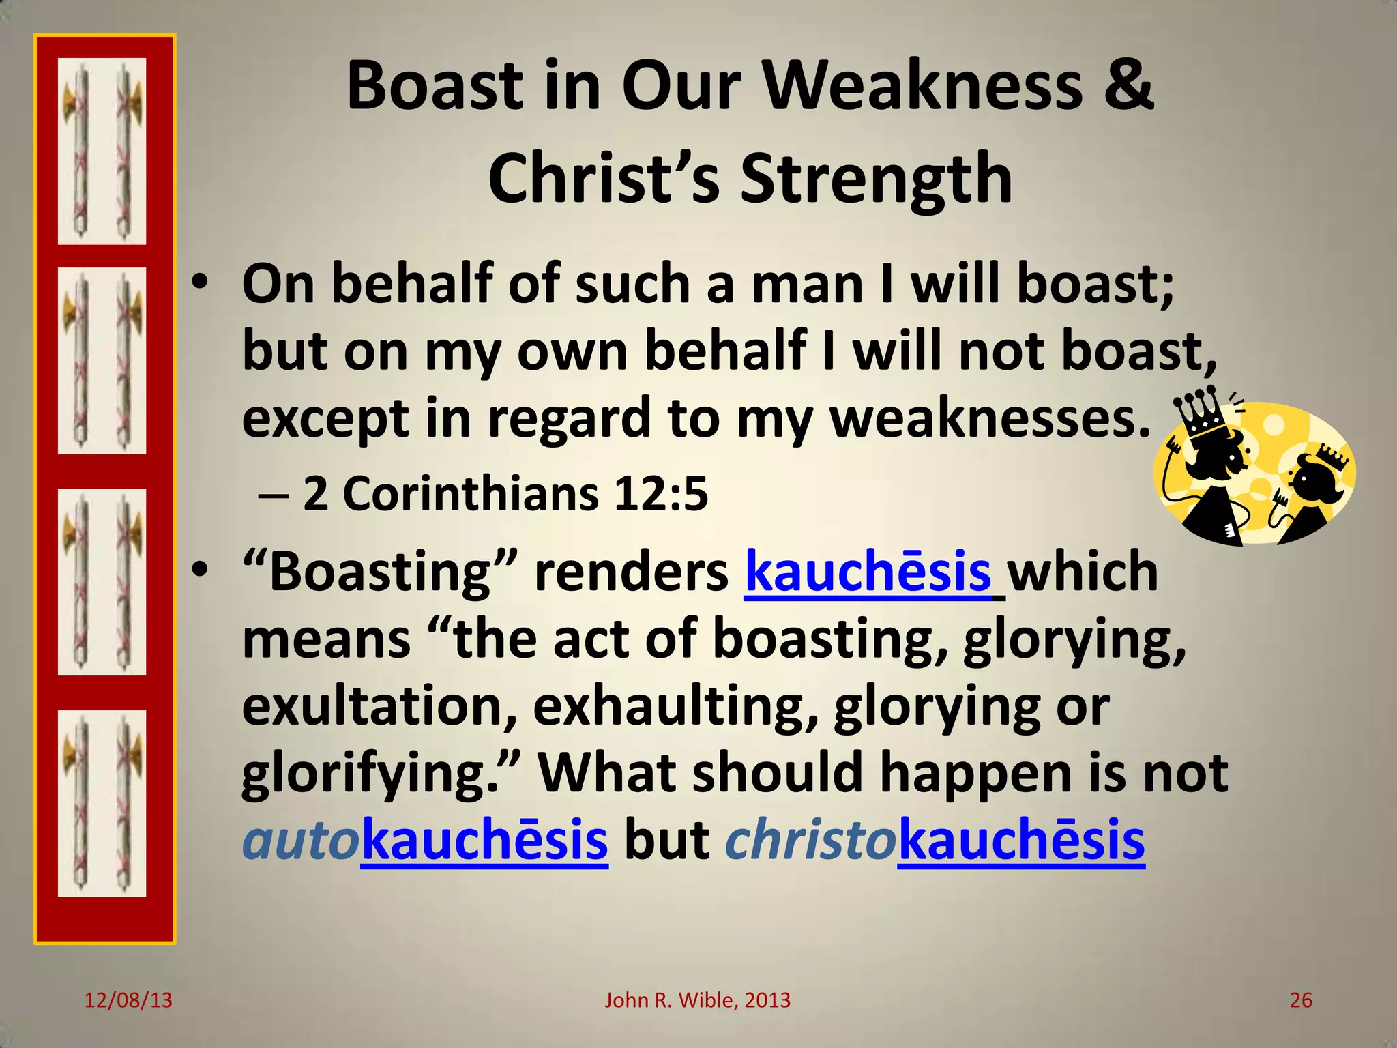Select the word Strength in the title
pyautogui.click(x=876, y=179)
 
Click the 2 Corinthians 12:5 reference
pyautogui.click(x=505, y=493)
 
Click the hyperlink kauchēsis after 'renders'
pyautogui.click(x=868, y=572)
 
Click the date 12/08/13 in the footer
pyautogui.click(x=128, y=1000)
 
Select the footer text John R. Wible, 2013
pyautogui.click(x=697, y=1000)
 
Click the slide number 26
pyautogui.click(x=1300, y=1000)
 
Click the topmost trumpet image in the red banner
pyautogui.click(x=102, y=151)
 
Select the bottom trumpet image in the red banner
pyautogui.click(x=102, y=803)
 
